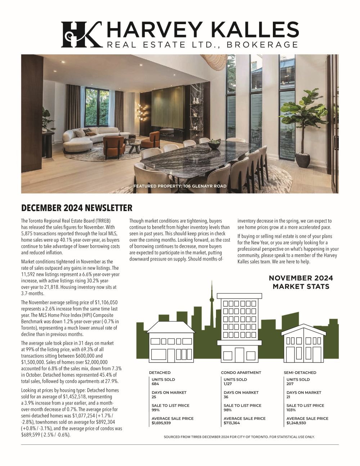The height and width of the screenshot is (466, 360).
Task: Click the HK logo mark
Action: click(81, 34)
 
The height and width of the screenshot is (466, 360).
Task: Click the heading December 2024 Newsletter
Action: click(77, 208)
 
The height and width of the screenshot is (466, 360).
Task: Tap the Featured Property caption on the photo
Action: click(180, 186)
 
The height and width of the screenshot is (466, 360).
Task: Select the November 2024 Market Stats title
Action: click(301, 282)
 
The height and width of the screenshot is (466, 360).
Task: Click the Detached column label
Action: click(159, 372)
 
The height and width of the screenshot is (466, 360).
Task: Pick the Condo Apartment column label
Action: click(241, 372)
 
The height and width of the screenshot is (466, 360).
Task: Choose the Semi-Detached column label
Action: click(300, 372)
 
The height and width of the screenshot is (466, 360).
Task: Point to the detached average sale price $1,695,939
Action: click(161, 423)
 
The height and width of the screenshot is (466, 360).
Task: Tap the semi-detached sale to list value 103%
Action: click(291, 410)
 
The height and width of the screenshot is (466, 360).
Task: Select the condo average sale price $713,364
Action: click(231, 423)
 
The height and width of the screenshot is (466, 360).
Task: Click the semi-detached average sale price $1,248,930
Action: click(296, 423)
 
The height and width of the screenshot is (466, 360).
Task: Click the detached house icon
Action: click(171, 340)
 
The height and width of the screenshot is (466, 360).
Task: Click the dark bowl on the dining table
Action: click(214, 144)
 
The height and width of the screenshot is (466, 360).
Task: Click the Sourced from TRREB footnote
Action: click(239, 437)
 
